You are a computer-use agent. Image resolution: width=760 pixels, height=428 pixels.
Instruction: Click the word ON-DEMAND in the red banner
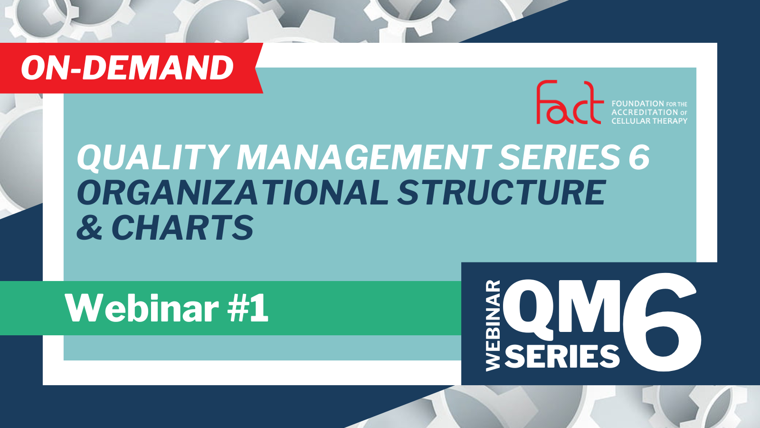click(128, 68)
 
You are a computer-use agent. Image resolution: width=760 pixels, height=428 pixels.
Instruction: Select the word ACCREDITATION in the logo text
click(644, 112)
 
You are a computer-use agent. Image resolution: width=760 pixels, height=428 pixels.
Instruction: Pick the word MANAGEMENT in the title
click(364, 157)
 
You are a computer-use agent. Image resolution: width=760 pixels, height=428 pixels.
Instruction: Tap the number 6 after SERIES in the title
click(639, 157)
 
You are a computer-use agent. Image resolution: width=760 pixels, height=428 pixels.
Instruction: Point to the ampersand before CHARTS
click(90, 227)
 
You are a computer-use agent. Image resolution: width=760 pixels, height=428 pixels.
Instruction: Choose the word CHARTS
click(182, 227)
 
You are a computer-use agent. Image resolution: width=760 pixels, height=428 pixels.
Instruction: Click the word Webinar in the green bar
click(142, 308)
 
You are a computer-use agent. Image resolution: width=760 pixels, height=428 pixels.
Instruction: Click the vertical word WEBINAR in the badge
click(493, 325)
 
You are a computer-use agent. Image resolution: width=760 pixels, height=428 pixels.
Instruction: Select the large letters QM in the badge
click(562, 310)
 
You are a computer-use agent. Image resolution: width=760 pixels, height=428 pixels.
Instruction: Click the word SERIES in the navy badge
click(562, 356)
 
